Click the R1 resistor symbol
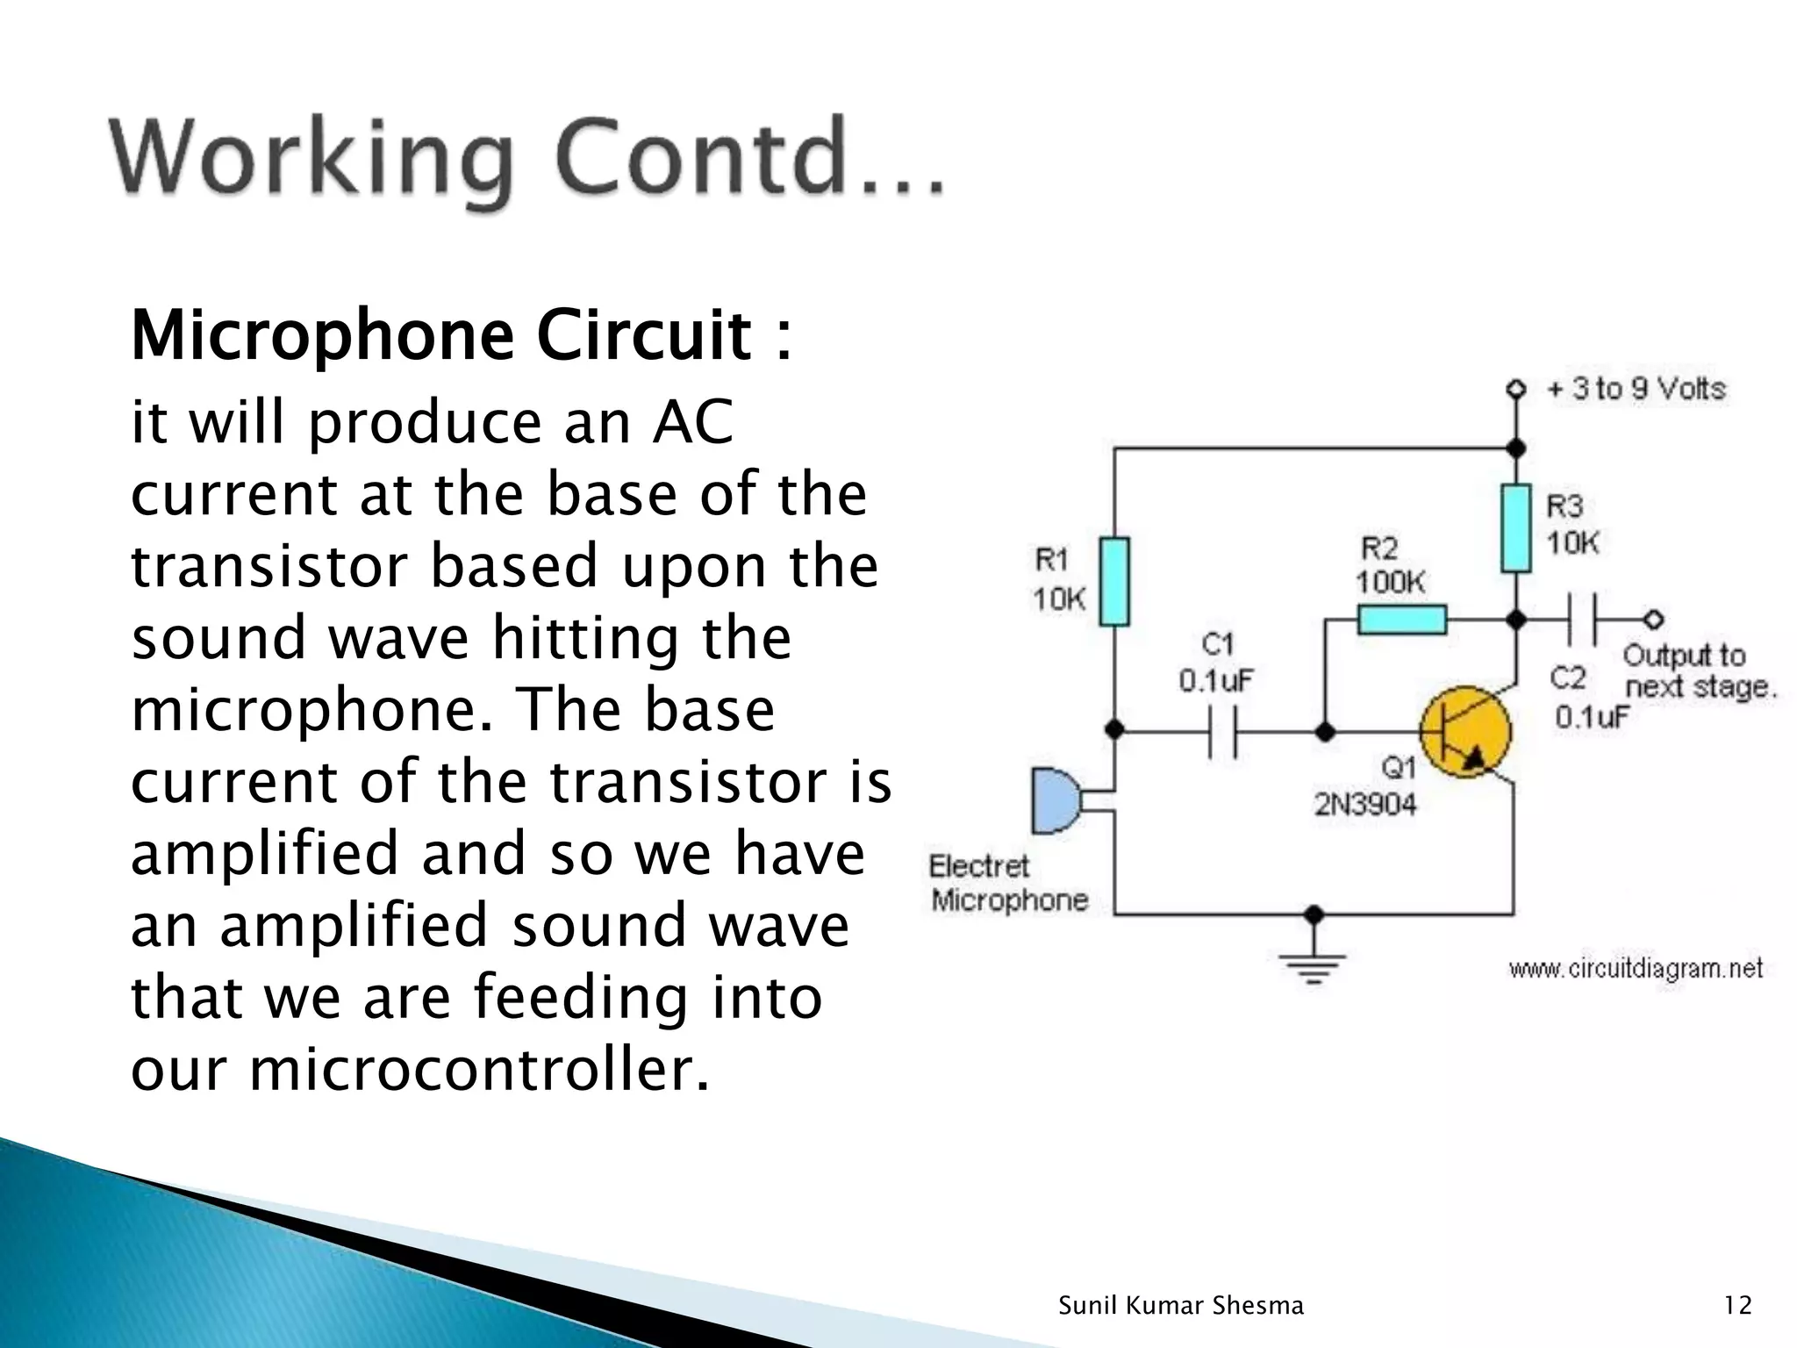[1114, 581]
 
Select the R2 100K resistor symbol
[1401, 620]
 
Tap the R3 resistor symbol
[1515, 528]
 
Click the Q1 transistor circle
[1465, 732]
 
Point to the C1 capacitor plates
[1222, 731]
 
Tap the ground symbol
[1314, 966]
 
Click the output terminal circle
[1654, 620]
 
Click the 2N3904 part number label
[1364, 805]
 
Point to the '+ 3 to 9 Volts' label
[1636, 389]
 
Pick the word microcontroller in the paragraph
[478, 1070]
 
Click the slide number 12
[1737, 1306]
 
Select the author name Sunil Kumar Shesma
[1181, 1306]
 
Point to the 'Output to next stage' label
[1698, 670]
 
